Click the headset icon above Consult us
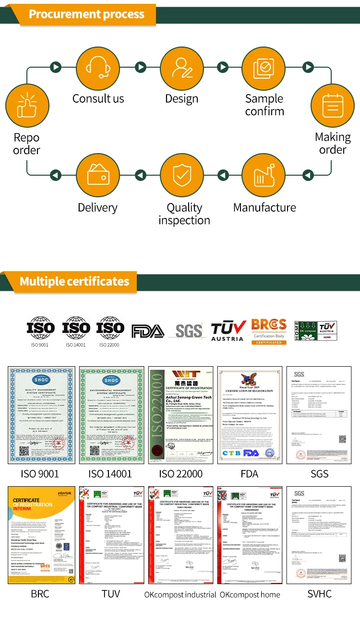(x=99, y=67)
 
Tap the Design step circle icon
(x=181, y=67)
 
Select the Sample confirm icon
(x=263, y=67)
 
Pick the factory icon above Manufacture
(x=263, y=176)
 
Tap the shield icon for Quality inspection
(x=181, y=176)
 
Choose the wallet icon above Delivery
(x=99, y=176)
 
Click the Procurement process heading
(x=86, y=14)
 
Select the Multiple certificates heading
(x=74, y=281)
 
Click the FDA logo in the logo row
(x=148, y=331)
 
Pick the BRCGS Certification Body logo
(x=269, y=331)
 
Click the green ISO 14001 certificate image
(x=111, y=415)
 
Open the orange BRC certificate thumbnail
(x=41, y=535)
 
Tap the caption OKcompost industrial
(x=180, y=595)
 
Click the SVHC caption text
(x=319, y=594)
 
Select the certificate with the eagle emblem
(x=249, y=415)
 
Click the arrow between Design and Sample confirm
(x=222, y=67)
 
